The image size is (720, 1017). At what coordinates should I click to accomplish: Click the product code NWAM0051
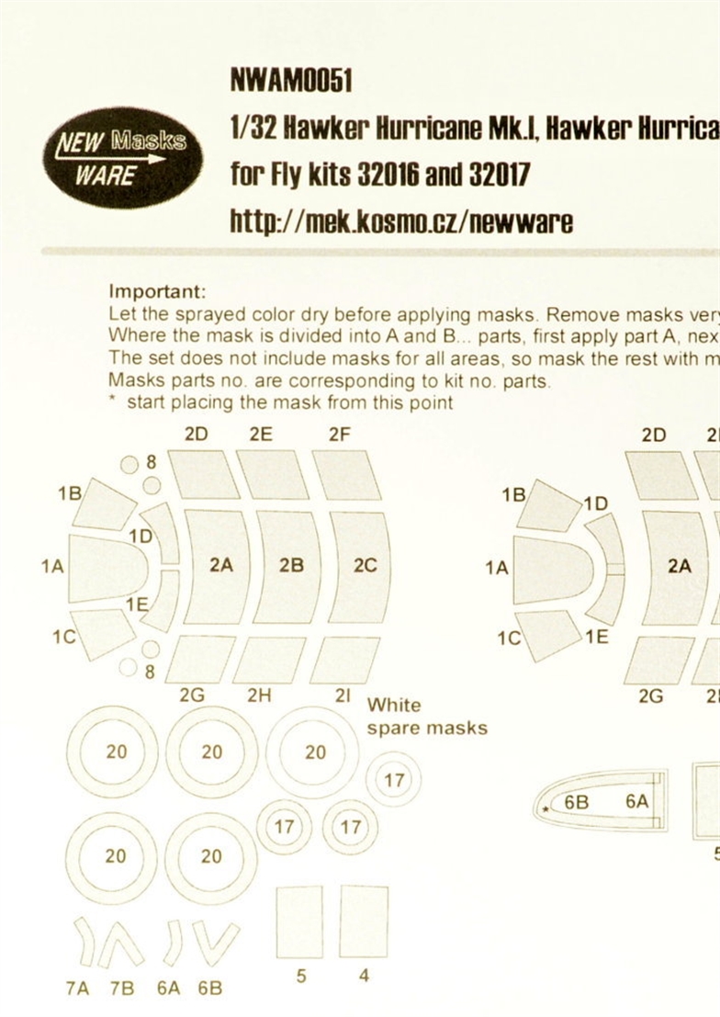point(291,82)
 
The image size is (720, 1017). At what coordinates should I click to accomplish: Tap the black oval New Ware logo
point(122,158)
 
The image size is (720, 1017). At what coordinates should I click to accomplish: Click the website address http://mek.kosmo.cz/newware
point(401,221)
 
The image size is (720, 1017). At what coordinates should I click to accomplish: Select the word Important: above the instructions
point(157,292)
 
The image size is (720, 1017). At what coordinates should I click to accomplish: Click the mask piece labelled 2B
point(290,566)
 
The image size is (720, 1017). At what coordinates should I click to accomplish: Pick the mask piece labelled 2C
point(362,566)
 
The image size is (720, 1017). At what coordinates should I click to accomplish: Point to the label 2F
point(339,434)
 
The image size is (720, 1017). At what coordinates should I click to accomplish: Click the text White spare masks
point(427,716)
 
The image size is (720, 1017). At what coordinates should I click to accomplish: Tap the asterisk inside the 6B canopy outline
point(546,809)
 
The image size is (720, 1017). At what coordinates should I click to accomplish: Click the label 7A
point(77,989)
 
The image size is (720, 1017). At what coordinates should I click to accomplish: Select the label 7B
point(122,989)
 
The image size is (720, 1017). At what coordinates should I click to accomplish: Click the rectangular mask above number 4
point(364,921)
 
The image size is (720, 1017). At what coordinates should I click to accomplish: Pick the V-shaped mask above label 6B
point(216,944)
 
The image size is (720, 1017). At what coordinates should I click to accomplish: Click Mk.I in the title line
point(512,130)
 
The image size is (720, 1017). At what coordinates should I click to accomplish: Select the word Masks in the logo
point(149,140)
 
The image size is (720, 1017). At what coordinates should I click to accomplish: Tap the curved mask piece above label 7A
point(85,944)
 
